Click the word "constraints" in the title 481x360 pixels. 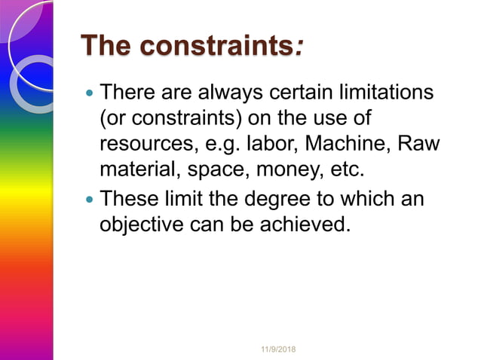click(219, 46)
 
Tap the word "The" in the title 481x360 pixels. click(106, 46)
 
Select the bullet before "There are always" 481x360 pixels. click(90, 95)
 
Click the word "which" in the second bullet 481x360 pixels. click(369, 200)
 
